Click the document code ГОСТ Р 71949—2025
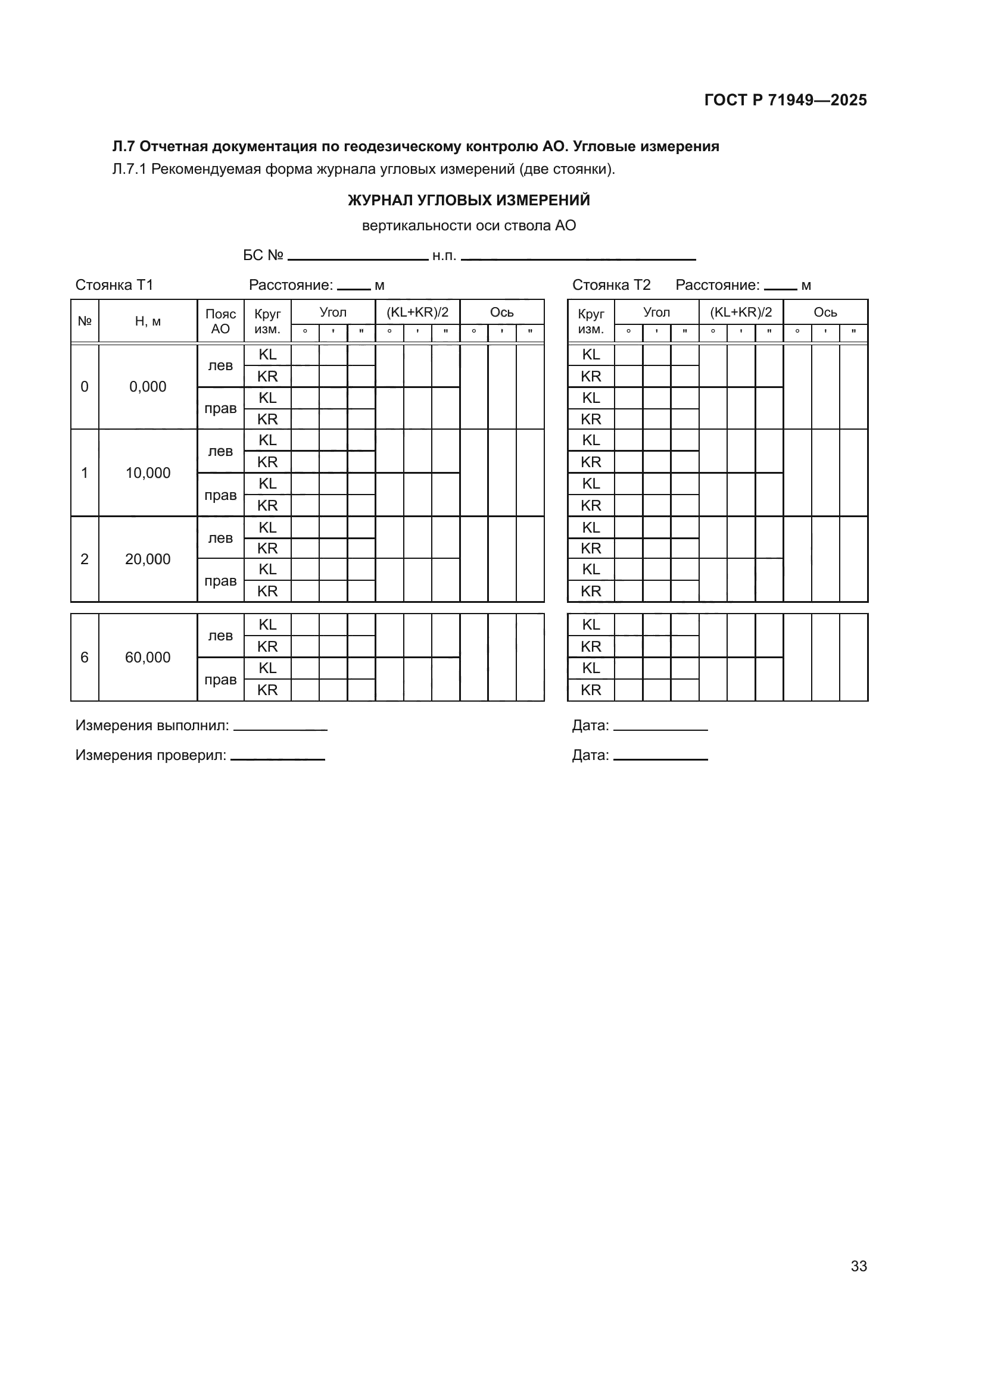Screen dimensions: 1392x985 click(785, 100)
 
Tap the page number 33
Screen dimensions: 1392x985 click(858, 1266)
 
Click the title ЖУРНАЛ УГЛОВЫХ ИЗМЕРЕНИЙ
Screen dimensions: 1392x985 click(468, 200)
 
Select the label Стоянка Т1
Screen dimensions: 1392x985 click(114, 285)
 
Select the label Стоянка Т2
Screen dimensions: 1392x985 click(611, 285)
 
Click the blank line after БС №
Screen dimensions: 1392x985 click(358, 257)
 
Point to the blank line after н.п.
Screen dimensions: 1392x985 click(578, 257)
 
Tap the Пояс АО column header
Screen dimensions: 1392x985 click(220, 321)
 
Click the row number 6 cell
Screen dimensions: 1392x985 click(85, 657)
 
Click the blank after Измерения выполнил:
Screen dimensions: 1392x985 click(280, 727)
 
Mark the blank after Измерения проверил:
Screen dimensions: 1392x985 click(277, 757)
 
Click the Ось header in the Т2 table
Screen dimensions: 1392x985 click(825, 312)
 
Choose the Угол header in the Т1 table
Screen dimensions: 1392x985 click(333, 312)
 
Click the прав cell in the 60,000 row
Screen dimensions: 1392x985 click(220, 680)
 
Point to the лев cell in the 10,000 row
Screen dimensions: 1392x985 click(220, 451)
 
